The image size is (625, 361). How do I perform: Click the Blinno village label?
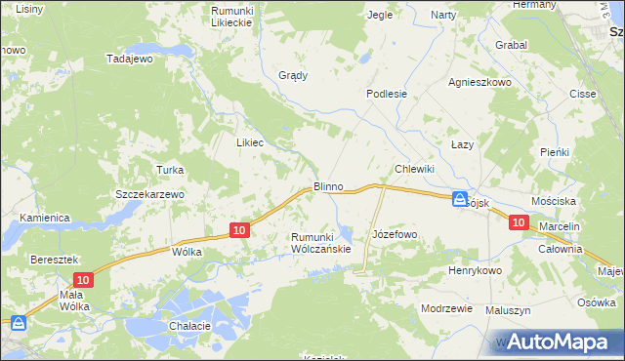tap(328, 185)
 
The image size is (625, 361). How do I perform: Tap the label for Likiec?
tap(250, 141)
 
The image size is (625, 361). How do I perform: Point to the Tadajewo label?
tap(131, 59)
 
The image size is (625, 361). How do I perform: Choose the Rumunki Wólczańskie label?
tap(320, 243)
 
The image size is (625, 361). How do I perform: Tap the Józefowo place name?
tap(396, 235)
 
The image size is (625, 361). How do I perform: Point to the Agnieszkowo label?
tap(479, 83)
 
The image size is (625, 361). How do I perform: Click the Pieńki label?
tap(555, 153)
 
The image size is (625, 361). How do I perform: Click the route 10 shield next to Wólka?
tap(240, 230)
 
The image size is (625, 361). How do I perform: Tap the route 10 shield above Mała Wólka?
tap(84, 280)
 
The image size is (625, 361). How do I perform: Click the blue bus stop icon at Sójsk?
tap(460, 200)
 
